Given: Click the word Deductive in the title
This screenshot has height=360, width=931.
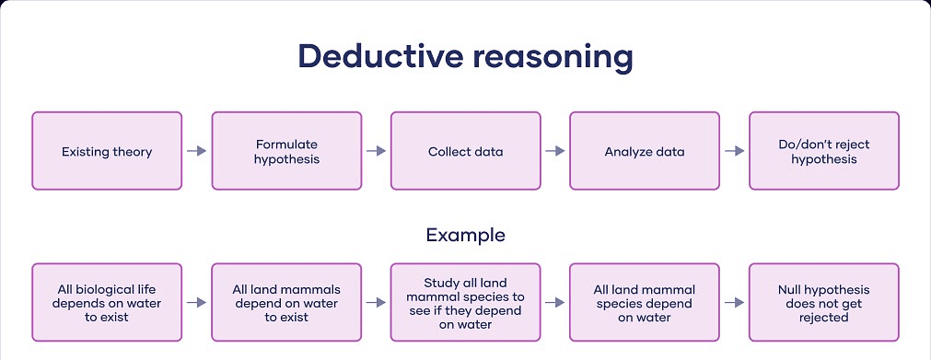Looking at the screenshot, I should click(x=379, y=57).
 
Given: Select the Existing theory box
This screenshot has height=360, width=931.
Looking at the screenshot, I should click(x=107, y=151).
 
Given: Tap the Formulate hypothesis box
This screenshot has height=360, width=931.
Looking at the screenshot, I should click(x=286, y=151).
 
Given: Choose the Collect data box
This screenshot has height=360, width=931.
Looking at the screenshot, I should click(x=465, y=151).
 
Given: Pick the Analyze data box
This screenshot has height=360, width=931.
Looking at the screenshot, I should click(x=645, y=151).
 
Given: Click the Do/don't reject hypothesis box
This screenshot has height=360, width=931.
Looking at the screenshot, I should click(x=823, y=151).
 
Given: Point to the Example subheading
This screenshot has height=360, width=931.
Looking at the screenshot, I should click(x=465, y=235).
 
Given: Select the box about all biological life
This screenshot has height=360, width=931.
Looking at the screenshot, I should click(x=107, y=302).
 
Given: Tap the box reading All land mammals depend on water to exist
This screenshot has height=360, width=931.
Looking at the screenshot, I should click(x=286, y=302).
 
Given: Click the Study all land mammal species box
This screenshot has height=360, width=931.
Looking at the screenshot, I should click(x=465, y=302).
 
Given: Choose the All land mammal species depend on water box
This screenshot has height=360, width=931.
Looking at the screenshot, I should click(x=645, y=302).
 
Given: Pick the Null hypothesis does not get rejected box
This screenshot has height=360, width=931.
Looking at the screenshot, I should click(x=823, y=302).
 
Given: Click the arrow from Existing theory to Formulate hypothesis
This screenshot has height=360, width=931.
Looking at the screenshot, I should click(x=196, y=151).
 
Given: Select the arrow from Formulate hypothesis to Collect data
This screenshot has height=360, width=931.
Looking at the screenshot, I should click(x=376, y=151).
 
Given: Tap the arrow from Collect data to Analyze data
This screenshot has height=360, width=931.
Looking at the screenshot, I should click(x=554, y=151).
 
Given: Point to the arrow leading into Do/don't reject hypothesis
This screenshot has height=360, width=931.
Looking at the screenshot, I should click(x=734, y=151).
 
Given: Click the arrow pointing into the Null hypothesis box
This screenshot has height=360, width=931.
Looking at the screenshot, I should click(x=734, y=302).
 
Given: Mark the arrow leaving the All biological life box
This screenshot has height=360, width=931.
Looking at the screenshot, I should click(x=196, y=302).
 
